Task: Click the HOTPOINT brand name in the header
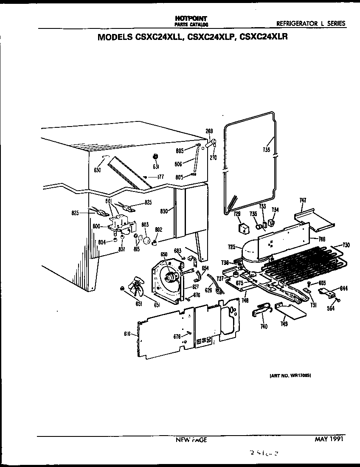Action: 191,19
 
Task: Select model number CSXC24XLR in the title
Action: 264,37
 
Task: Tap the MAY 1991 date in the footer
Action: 327,439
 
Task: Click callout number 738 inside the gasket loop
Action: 266,149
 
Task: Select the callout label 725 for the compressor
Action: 231,247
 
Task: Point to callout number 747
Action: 303,200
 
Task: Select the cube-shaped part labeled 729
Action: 243,228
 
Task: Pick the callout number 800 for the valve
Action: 96,226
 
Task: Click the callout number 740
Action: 264,326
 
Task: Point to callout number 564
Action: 331,308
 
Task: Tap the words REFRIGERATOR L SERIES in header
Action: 310,24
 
